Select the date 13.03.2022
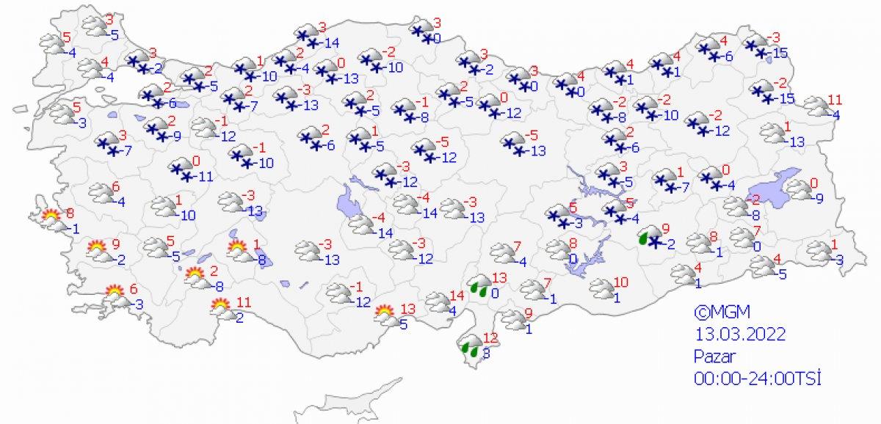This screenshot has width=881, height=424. click(x=741, y=334)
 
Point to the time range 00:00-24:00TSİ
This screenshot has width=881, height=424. click(x=757, y=379)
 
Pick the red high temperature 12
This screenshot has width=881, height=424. click(x=490, y=338)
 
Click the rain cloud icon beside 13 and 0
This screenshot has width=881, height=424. click(x=479, y=286)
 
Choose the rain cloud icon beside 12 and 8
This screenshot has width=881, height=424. click(x=470, y=346)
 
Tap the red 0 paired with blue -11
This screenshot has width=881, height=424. click(x=196, y=161)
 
